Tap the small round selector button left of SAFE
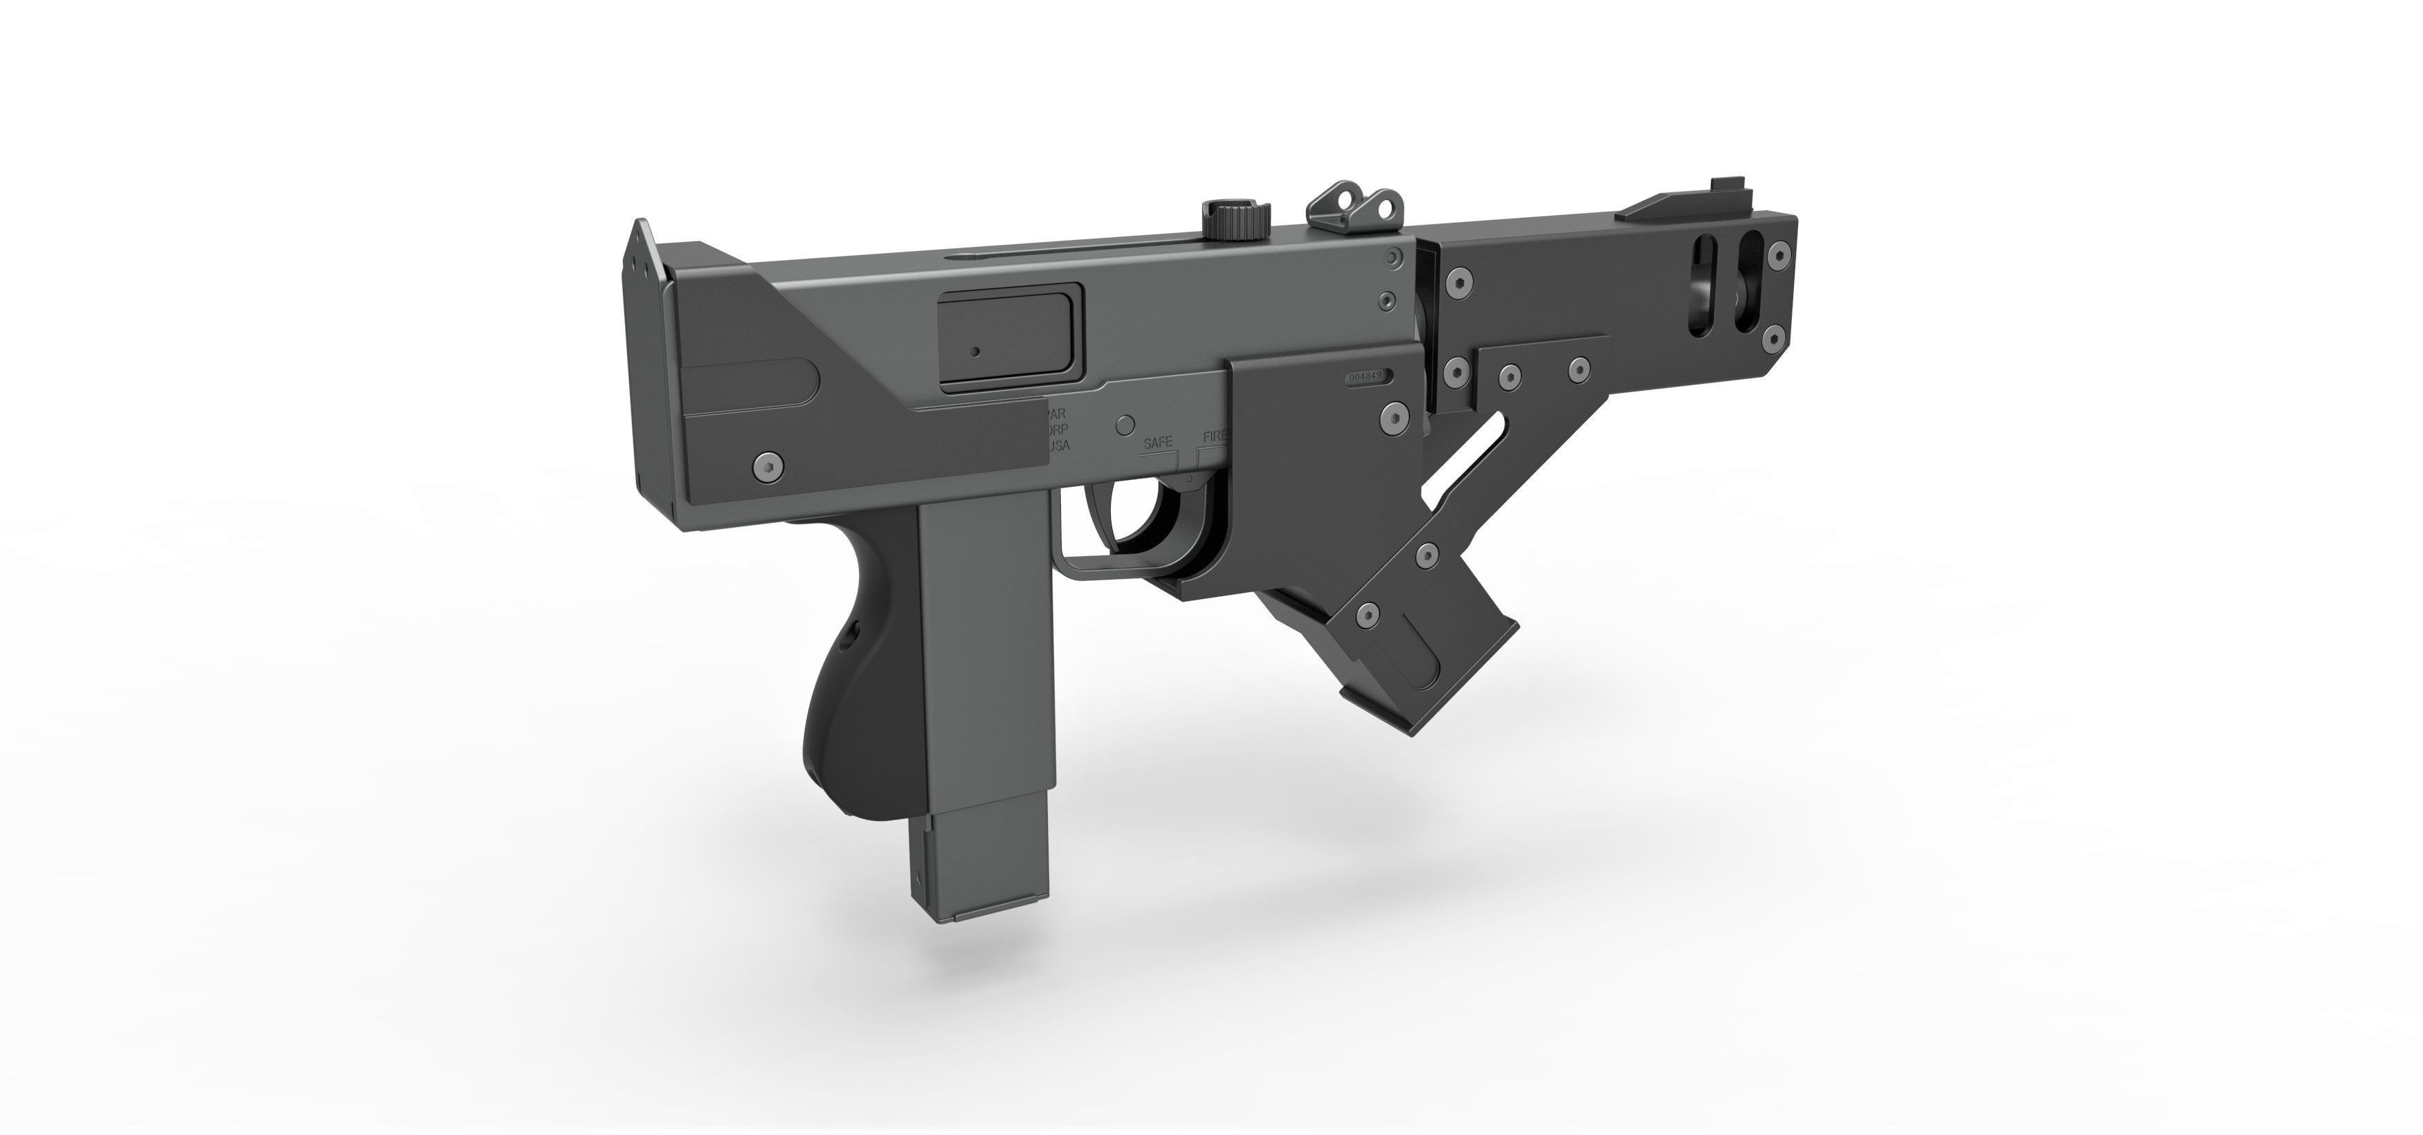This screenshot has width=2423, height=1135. [x=1123, y=424]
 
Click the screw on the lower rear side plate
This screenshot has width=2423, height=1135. [x=768, y=465]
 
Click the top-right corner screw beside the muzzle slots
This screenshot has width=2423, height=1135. [x=1777, y=253]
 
